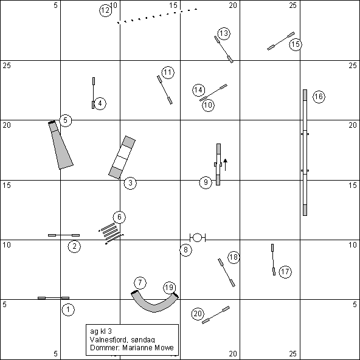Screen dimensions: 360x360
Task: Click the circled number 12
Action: click(x=106, y=10)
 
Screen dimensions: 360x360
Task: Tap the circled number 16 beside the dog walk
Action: click(x=319, y=97)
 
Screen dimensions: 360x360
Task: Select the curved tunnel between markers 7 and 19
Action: click(x=154, y=301)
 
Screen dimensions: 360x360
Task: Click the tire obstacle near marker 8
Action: click(x=198, y=238)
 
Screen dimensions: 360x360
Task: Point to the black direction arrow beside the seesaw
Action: click(x=225, y=165)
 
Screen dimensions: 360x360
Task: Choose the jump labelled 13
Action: click(x=224, y=49)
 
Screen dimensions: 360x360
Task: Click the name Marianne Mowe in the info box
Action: click(x=148, y=348)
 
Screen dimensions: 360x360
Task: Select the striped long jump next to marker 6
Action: click(x=111, y=234)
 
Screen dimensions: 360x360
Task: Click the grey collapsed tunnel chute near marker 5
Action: click(x=61, y=145)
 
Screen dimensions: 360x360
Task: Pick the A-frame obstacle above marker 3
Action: click(x=122, y=157)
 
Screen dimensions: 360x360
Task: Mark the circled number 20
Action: click(x=198, y=314)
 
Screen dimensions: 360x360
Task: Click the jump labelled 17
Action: click(x=273, y=260)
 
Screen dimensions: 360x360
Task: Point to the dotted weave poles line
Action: click(x=157, y=16)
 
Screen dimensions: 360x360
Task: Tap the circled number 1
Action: click(x=68, y=310)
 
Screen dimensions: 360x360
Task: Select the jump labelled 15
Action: click(x=281, y=41)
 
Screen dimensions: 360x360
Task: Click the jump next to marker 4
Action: click(x=94, y=93)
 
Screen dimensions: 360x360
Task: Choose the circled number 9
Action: click(x=206, y=182)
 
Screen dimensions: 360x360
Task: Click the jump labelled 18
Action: click(x=226, y=272)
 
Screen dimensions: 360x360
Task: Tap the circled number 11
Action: click(x=168, y=72)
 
